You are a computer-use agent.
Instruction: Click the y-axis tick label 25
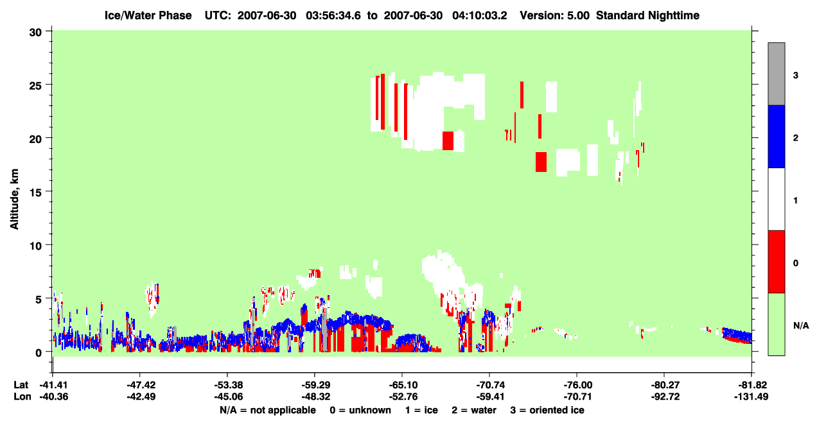[35, 85]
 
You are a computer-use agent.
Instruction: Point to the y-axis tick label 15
[35, 193]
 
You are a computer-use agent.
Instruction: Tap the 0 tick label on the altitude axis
[39, 353]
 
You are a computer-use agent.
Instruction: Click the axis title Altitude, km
[14, 200]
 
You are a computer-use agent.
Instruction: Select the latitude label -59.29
[314, 385]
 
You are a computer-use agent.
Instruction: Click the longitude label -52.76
[402, 397]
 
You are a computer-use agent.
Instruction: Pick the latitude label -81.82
[751, 385]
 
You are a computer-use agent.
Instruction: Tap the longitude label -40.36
[54, 397]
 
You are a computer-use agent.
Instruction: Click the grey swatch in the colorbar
[776, 74]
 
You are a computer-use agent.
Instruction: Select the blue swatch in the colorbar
[776, 136]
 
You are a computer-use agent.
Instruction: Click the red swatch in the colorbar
[776, 262]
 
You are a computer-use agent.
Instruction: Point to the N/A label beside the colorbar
[801, 326]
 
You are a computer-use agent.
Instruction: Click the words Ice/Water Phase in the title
[148, 15]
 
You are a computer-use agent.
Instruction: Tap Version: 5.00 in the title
[555, 15]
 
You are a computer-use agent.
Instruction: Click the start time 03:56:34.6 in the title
[333, 15]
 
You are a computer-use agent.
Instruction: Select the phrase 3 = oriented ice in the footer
[547, 410]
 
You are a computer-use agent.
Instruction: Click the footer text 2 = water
[474, 410]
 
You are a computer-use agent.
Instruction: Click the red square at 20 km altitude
[448, 141]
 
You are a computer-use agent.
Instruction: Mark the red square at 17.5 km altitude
[541, 162]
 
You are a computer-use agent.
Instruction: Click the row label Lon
[22, 397]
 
